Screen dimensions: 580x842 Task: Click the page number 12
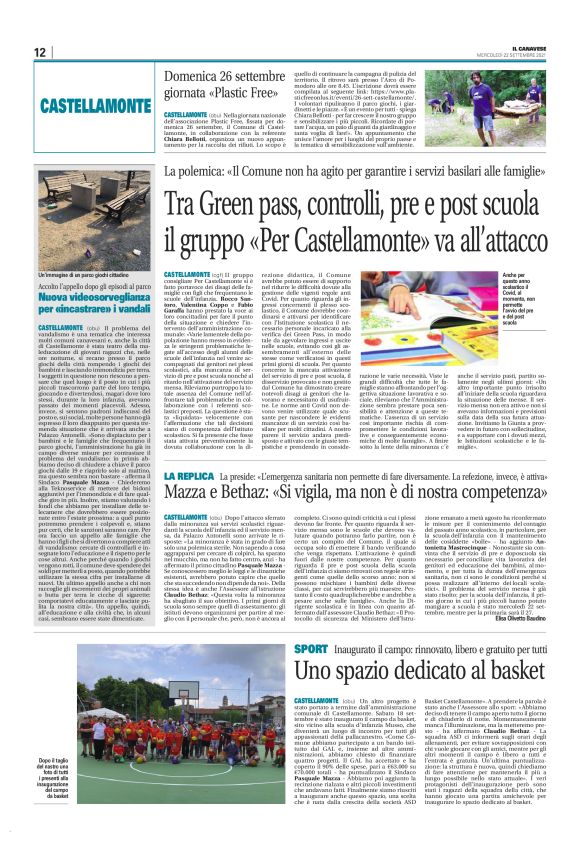[x=39, y=52]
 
